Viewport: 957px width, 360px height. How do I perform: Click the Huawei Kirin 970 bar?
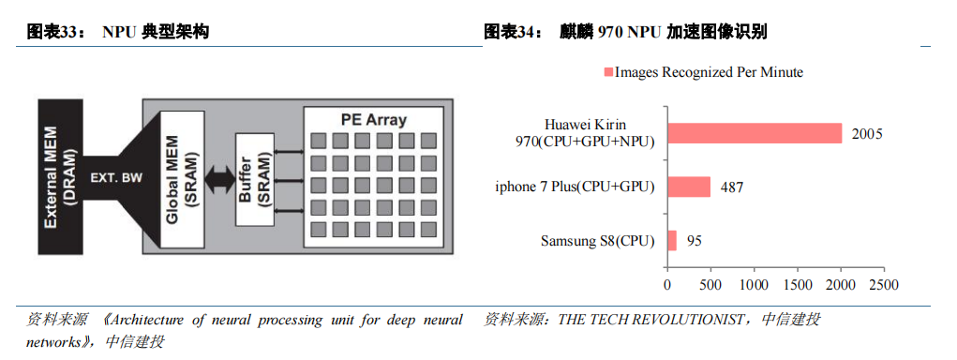tap(755, 133)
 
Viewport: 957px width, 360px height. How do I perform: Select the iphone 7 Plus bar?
tap(689, 187)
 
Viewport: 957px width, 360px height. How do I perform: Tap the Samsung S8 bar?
tap(671, 241)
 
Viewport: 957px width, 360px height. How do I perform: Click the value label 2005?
tap(867, 134)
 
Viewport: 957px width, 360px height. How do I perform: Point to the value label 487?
tap(732, 187)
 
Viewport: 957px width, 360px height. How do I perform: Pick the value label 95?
tap(694, 241)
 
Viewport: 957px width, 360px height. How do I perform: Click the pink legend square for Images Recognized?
tap(607, 72)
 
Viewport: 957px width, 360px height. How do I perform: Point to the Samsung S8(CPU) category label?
tap(597, 241)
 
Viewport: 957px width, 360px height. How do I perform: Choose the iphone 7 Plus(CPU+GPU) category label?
tap(575, 187)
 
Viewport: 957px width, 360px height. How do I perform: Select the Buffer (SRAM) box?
tap(250, 178)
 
